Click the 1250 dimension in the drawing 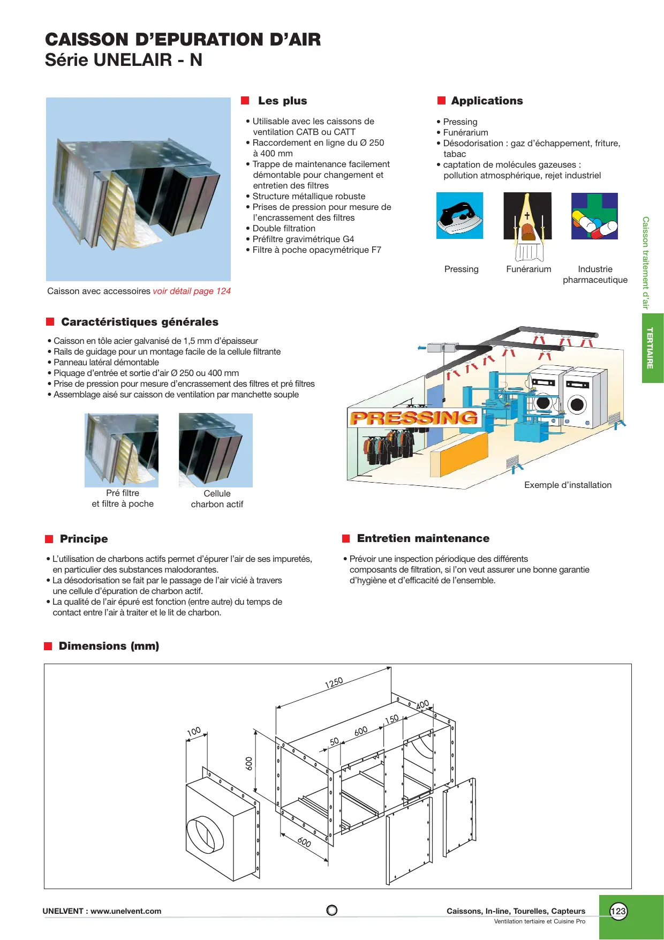[x=334, y=683]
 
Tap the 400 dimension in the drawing [x=422, y=704]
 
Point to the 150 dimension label [x=392, y=719]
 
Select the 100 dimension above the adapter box [x=194, y=731]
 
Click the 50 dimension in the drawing [x=334, y=741]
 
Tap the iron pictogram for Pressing [x=459, y=215]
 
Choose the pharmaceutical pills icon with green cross [x=594, y=216]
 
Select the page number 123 [x=618, y=911]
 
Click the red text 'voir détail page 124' [x=192, y=291]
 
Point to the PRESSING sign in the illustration [x=414, y=418]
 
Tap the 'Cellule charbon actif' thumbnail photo [x=216, y=450]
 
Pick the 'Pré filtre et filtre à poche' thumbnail [x=122, y=450]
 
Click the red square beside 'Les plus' [x=245, y=101]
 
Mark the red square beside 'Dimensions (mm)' [x=48, y=646]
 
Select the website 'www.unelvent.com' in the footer [x=126, y=911]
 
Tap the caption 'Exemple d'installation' [x=568, y=485]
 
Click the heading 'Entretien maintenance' [x=423, y=538]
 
